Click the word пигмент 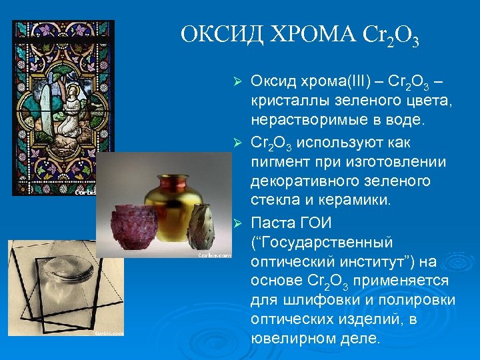point(280,162)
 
